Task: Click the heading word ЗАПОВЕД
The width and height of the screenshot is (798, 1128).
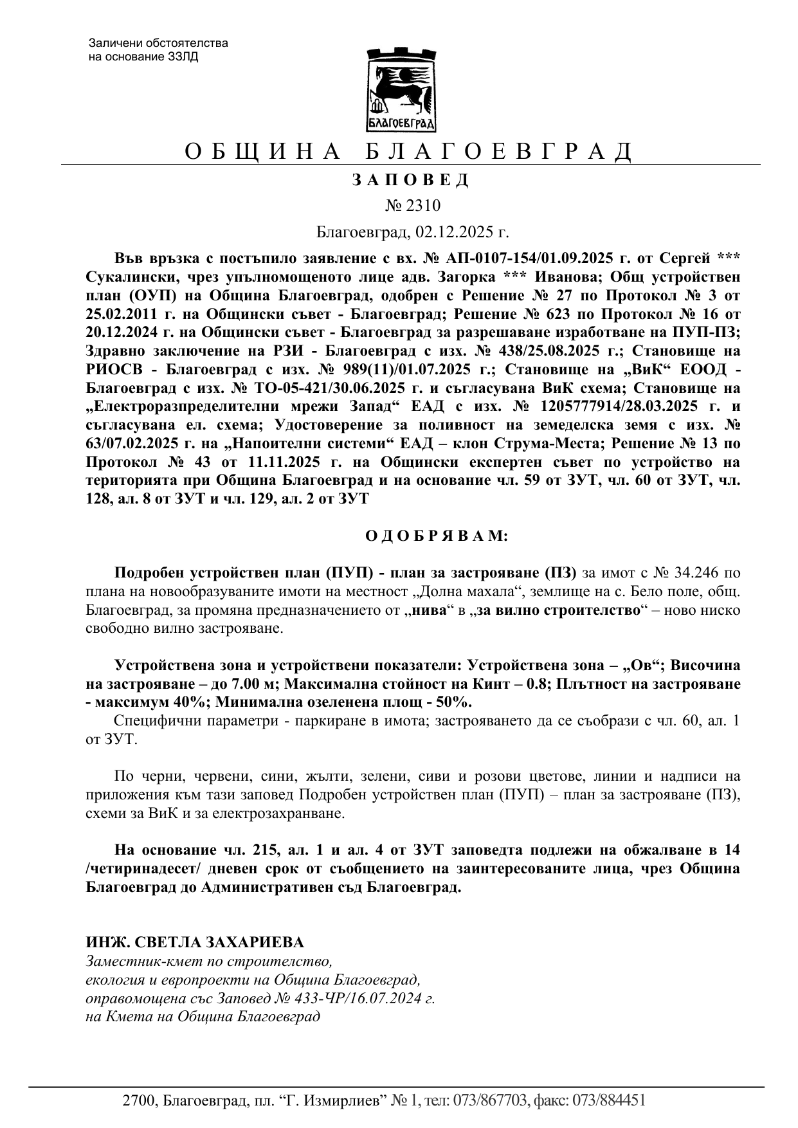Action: [411, 180]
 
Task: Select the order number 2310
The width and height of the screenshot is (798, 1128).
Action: [422, 206]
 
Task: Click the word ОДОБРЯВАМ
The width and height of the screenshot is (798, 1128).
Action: [437, 536]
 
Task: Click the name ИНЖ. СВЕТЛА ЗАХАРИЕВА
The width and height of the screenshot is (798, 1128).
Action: [195, 943]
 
